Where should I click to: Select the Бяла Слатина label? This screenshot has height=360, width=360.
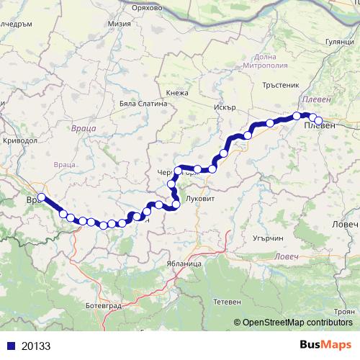143,103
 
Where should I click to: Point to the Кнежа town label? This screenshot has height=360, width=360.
177,93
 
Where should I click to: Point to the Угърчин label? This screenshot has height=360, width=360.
269,238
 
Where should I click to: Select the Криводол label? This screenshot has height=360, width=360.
20,141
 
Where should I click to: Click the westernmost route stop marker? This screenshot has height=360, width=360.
42,197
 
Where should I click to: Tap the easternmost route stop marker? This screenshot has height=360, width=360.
318,120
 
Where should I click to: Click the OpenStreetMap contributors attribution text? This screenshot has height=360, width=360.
294,323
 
